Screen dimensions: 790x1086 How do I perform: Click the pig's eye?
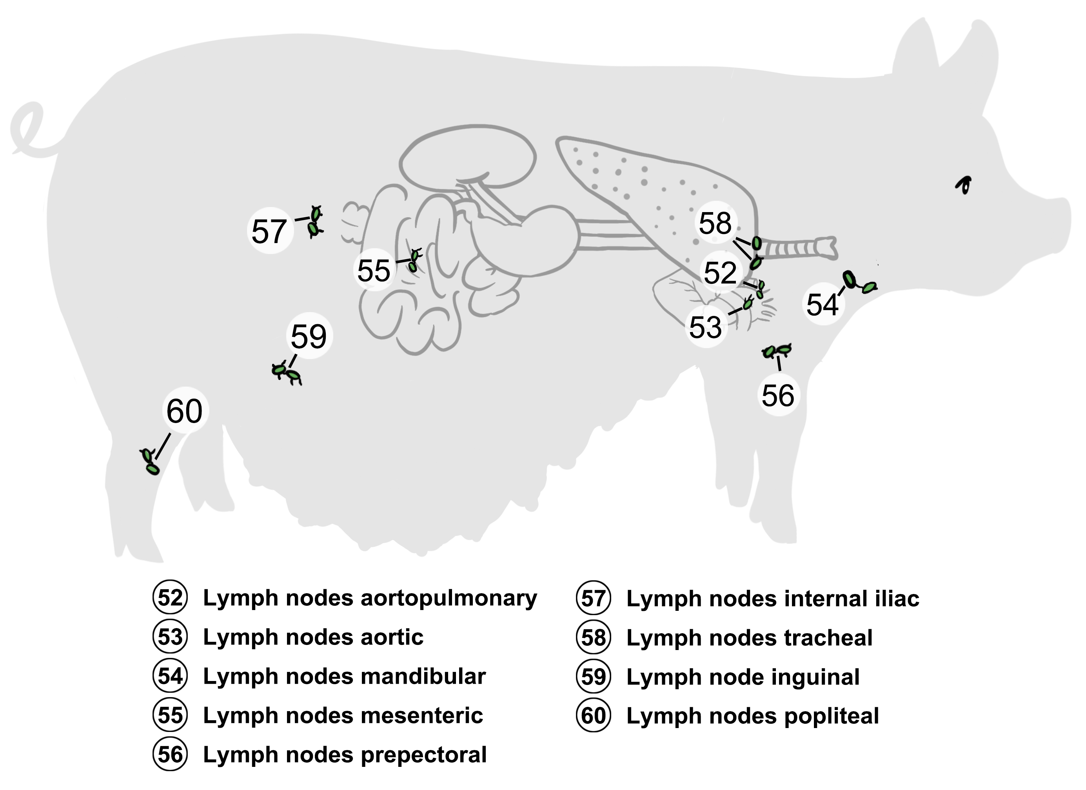(964, 185)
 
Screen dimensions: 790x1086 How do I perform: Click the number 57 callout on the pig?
(270, 231)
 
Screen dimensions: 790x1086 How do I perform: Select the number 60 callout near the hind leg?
(185, 411)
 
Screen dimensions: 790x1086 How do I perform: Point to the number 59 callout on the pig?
(309, 336)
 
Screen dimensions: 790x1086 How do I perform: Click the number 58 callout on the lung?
(716, 223)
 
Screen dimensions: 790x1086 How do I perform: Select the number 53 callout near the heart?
(705, 327)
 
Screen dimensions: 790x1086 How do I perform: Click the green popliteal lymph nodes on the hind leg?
(150, 461)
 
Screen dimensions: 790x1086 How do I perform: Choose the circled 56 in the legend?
(171, 755)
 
